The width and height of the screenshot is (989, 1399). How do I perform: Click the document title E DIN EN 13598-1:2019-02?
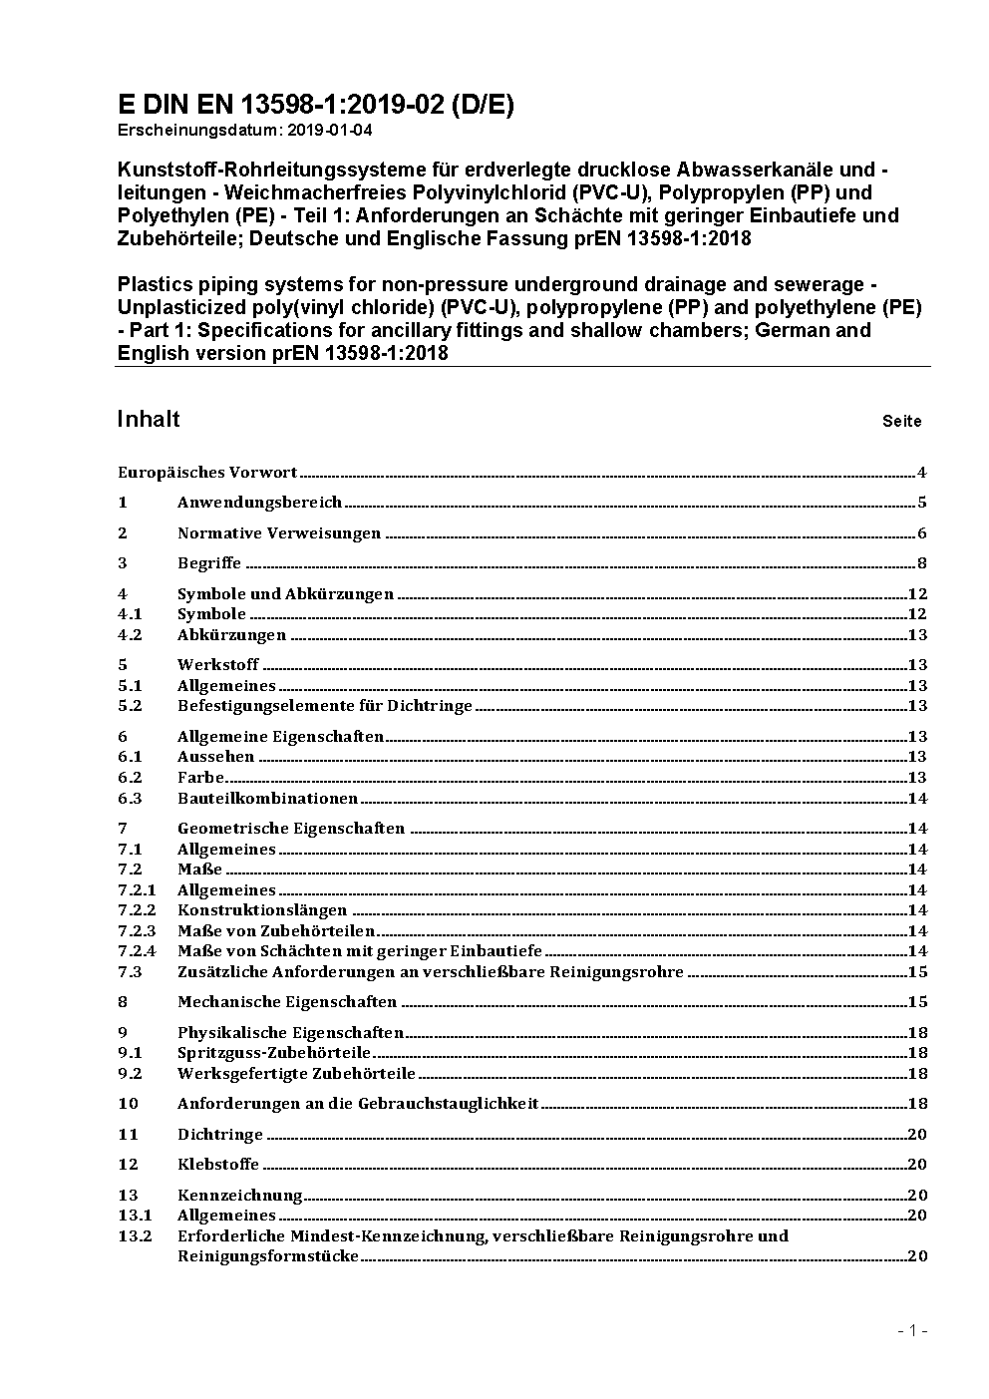[315, 105]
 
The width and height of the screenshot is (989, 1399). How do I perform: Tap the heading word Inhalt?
[149, 419]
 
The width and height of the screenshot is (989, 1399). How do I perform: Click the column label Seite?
[901, 421]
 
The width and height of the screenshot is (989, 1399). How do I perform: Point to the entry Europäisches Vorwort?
[207, 473]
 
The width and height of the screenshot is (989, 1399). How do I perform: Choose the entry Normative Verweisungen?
[279, 533]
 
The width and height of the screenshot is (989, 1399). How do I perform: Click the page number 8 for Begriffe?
[922, 563]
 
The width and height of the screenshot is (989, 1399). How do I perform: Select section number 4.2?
[130, 635]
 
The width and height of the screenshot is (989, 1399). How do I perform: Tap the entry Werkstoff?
[218, 665]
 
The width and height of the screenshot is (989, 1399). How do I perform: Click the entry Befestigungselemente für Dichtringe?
[325, 706]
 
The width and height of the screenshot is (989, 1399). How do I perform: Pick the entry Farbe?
[201, 778]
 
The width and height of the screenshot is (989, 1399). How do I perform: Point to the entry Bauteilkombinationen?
[267, 799]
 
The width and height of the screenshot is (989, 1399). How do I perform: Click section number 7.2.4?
[137, 951]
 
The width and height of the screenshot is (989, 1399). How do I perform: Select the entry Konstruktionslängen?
[262, 910]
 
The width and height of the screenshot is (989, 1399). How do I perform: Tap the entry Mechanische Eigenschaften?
[287, 1002]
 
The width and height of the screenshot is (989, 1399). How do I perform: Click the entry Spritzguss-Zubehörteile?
[274, 1053]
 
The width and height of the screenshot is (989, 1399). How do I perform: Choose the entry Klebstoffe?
[218, 1165]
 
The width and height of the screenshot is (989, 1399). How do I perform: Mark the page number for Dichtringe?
[917, 1135]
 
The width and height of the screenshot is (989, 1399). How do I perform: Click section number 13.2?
[135, 1236]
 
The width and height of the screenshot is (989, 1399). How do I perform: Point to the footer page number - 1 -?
[912, 1330]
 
